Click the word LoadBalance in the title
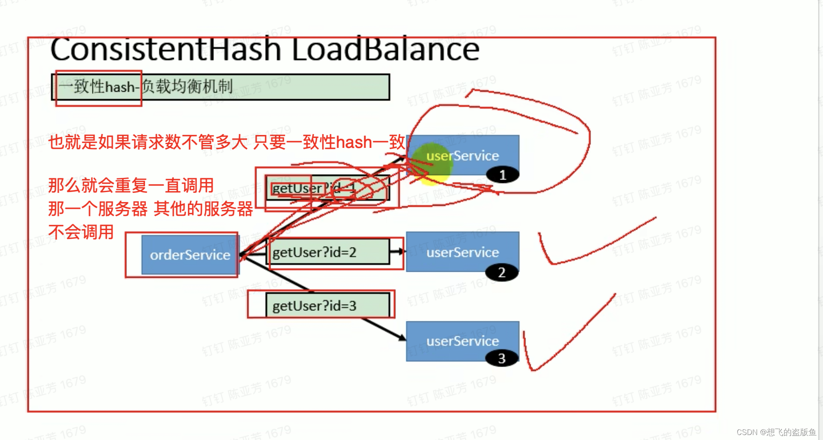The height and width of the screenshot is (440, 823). (x=385, y=50)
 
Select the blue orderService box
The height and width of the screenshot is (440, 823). (x=190, y=255)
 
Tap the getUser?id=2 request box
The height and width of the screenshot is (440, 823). (x=328, y=252)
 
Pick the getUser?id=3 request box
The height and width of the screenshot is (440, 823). (x=328, y=305)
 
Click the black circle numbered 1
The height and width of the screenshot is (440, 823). (x=502, y=175)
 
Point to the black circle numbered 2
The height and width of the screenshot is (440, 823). (x=502, y=272)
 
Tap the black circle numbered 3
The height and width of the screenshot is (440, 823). (x=502, y=358)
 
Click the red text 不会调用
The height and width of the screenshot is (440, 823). (x=81, y=232)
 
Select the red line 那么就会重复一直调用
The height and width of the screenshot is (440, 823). (x=131, y=185)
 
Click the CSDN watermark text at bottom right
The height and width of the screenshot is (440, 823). (x=775, y=432)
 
